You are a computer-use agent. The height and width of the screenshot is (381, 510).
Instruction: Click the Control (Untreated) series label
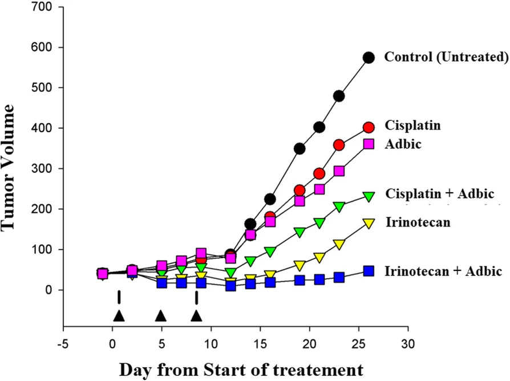pos(446,57)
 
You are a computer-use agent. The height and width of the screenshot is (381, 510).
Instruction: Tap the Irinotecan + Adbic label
pos(443,271)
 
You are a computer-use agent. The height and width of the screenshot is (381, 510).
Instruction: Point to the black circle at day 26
pos(369,57)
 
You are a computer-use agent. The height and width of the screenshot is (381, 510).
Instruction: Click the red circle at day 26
pos(369,128)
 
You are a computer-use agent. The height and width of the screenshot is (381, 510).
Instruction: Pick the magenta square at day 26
pos(369,144)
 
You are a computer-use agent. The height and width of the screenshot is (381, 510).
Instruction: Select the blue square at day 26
pos(369,271)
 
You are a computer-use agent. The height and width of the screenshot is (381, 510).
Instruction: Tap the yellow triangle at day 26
pos(369,223)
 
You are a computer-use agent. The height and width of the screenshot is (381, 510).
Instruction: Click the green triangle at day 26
pos(369,196)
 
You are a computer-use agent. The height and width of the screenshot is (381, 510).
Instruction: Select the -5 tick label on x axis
pos(63,345)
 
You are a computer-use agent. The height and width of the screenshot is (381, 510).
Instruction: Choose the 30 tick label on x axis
pos(407,345)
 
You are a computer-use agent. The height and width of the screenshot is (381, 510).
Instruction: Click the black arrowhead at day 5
pos(161,316)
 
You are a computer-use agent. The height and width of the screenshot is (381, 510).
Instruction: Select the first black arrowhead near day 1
pos(119,316)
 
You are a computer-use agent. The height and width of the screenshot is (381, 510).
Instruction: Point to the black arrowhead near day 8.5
pos(196,316)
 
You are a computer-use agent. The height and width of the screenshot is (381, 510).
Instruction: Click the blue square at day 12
pos(230,286)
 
